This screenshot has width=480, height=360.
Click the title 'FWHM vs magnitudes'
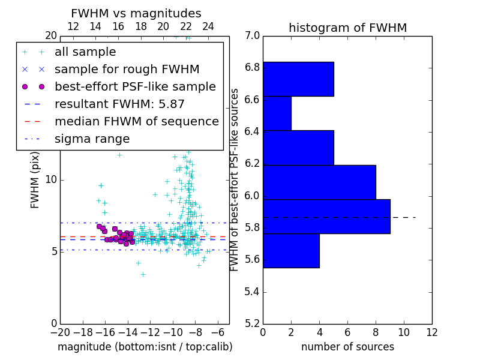coord(136,13)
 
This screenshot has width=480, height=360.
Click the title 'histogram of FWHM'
coord(347,28)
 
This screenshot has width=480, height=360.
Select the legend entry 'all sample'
coord(85,52)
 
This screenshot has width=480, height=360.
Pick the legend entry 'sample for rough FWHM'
coord(127,70)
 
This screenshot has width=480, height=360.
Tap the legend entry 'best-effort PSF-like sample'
coord(135,87)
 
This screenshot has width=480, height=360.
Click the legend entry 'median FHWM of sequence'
coord(136,122)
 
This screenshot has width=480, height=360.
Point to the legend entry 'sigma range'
coord(92,139)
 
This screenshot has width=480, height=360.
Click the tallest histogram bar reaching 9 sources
coord(326,216)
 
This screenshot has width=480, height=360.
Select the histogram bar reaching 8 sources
coord(319,182)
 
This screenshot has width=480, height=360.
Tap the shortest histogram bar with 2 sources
coord(277,113)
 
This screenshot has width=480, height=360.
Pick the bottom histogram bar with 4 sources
coord(291,250)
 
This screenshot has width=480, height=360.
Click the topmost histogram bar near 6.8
coord(298,79)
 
